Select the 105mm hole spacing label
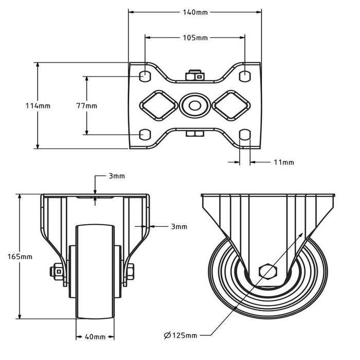(x=195, y=38)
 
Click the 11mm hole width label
(x=283, y=163)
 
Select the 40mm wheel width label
(x=95, y=337)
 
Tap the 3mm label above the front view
(x=117, y=176)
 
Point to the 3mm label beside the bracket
(x=178, y=226)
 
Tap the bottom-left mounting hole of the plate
(x=146, y=134)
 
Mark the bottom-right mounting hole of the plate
(x=245, y=134)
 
